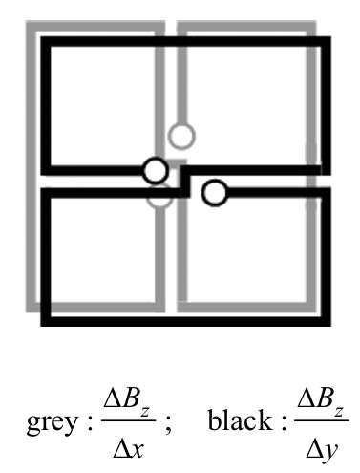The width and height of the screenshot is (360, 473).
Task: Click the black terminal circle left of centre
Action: point(155,170)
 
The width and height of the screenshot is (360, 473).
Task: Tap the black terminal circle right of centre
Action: point(215,193)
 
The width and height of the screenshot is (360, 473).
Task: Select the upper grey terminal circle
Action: point(181,136)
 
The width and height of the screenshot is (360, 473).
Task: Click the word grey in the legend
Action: point(53,422)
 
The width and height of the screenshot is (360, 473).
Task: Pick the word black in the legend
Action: point(240,419)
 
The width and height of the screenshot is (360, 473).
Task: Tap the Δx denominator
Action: point(129,449)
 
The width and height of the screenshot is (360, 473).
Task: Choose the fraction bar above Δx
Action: point(129,420)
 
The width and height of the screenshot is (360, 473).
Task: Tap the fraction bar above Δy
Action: point(322,420)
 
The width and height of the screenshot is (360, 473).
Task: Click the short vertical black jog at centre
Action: point(185,182)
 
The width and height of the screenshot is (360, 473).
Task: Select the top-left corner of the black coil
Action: point(45,41)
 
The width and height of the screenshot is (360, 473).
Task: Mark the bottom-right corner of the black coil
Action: point(326,321)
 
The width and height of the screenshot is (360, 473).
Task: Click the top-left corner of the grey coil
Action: point(31,26)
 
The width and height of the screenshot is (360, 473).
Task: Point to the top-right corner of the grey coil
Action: point(311,26)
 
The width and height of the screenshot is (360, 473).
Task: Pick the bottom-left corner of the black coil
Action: point(45,321)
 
